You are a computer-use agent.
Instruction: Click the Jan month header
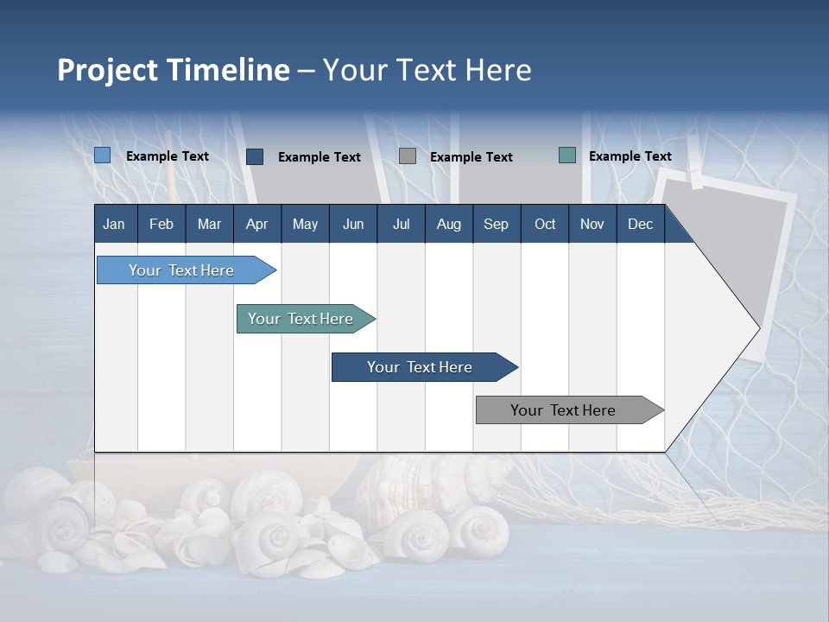pyautogui.click(x=114, y=224)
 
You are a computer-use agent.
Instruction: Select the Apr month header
pyautogui.click(x=256, y=224)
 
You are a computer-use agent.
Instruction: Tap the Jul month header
pyautogui.click(x=401, y=224)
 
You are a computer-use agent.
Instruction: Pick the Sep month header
pyautogui.click(x=496, y=224)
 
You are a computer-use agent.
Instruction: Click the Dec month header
pyautogui.click(x=640, y=224)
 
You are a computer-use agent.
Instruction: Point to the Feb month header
pyautogui.click(x=161, y=224)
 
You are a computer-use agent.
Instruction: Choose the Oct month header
pyautogui.click(x=545, y=224)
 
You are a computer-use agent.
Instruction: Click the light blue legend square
pyautogui.click(x=103, y=155)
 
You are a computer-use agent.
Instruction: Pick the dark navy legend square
pyautogui.click(x=255, y=156)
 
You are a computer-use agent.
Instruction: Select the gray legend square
pyautogui.click(x=408, y=156)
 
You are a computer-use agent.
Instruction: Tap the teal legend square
pyautogui.click(x=567, y=155)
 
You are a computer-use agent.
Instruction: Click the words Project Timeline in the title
pyautogui.click(x=174, y=70)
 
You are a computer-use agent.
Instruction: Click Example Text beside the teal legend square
pyautogui.click(x=630, y=156)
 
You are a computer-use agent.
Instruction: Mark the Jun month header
pyautogui.click(x=353, y=224)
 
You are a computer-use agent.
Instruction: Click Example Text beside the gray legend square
pyautogui.click(x=471, y=157)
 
